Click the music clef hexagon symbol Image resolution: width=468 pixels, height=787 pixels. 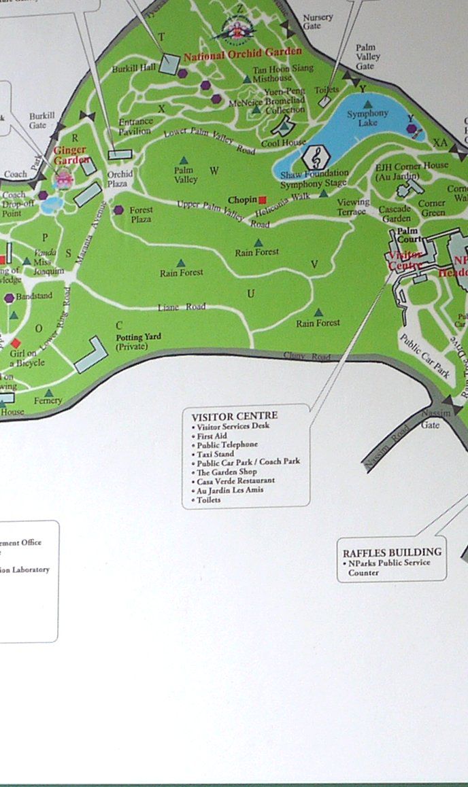click(x=315, y=158)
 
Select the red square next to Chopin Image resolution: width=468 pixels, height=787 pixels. click(x=263, y=200)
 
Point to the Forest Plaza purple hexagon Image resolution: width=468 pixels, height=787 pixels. click(x=119, y=210)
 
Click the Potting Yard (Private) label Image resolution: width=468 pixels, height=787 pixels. click(x=138, y=342)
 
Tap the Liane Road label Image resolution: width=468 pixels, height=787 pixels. click(x=181, y=307)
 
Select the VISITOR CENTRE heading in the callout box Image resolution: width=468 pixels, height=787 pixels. click(x=235, y=416)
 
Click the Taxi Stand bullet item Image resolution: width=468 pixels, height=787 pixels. click(x=216, y=453)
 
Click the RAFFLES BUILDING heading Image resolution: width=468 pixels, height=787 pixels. click(x=392, y=553)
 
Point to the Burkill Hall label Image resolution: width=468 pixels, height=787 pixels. click(x=135, y=68)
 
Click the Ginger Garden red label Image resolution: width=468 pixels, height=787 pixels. click(x=72, y=155)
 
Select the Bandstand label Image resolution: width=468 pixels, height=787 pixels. click(x=33, y=298)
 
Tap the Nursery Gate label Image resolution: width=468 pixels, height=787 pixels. click(x=317, y=21)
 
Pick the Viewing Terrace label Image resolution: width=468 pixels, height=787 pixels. click(x=353, y=207)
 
